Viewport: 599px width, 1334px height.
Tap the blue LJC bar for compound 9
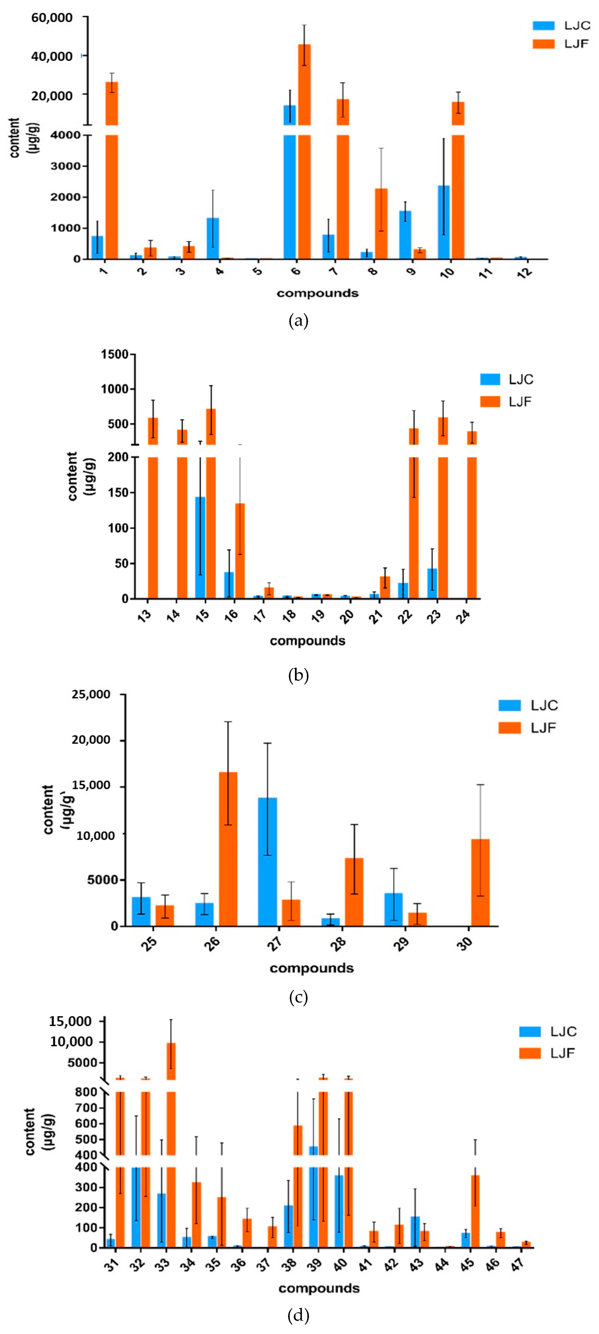click(x=405, y=234)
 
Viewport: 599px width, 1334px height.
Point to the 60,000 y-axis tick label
click(x=52, y=18)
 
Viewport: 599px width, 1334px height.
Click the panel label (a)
click(x=299, y=321)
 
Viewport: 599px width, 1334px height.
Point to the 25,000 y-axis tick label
click(x=91, y=694)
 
